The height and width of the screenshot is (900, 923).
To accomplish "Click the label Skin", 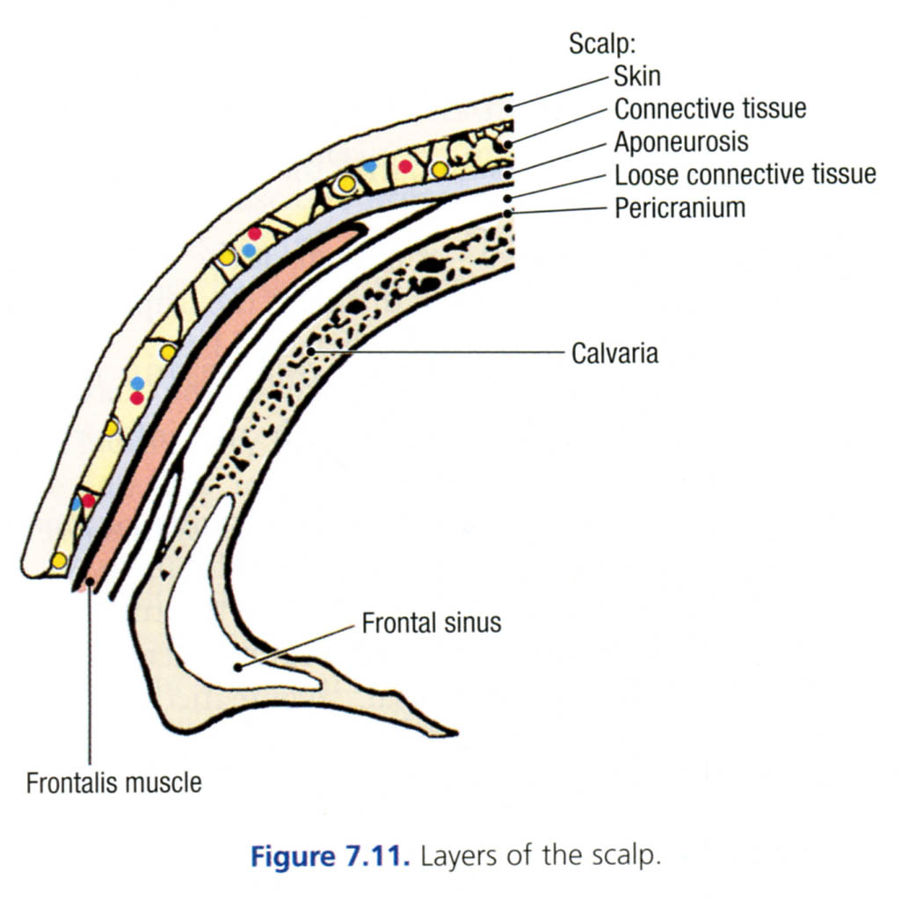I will pos(637,76).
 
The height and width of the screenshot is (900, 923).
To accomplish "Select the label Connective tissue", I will pos(709,109).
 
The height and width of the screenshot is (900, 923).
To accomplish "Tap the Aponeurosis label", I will pos(680,142).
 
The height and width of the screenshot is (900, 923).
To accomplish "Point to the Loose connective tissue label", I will pos(745,174).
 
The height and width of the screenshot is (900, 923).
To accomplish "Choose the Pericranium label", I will pos(680,207).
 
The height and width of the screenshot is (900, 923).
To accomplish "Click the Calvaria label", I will pos(614,354).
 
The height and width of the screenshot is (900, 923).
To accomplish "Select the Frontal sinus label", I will pos(431,623).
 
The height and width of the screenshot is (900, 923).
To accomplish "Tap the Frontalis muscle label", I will pos(113,782).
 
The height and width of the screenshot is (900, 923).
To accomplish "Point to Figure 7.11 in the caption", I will pos(328,856).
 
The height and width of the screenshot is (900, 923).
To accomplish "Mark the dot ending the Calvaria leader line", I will pos(312,352).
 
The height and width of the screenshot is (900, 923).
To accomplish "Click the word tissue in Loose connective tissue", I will pos(840,174).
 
